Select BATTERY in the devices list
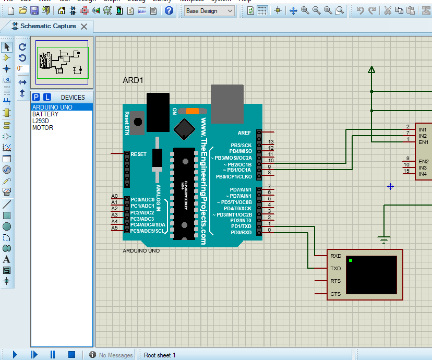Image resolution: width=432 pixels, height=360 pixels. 45,114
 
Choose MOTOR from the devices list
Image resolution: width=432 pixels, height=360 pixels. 42,128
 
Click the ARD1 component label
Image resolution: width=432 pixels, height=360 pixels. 133,80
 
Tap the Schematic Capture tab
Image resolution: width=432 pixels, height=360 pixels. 48,26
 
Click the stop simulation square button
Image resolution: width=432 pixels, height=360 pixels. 72,355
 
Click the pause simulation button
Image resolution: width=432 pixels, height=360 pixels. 53,355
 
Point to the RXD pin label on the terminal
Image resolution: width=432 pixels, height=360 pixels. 335,256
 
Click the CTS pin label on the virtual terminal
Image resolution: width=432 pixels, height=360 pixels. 335,294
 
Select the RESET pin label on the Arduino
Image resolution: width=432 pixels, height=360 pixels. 139,154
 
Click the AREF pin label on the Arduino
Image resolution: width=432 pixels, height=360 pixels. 244,133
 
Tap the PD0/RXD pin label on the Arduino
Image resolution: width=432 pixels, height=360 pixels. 241,233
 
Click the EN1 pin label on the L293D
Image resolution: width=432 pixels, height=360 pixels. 423,142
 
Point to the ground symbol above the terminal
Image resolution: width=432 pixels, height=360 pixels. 385,240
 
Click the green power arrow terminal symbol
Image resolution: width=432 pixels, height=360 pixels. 371,69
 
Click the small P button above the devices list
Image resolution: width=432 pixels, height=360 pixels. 37,97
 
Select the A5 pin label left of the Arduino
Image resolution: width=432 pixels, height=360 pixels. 115,228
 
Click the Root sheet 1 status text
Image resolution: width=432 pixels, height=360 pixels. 160,355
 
